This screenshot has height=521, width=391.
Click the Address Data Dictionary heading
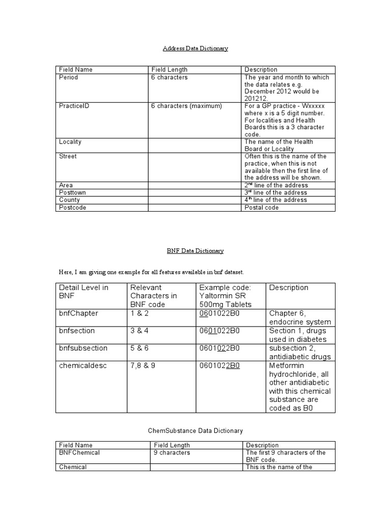[x=195, y=48]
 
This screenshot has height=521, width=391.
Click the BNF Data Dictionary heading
[x=195, y=251]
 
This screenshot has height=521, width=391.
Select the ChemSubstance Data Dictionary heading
[x=195, y=430]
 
